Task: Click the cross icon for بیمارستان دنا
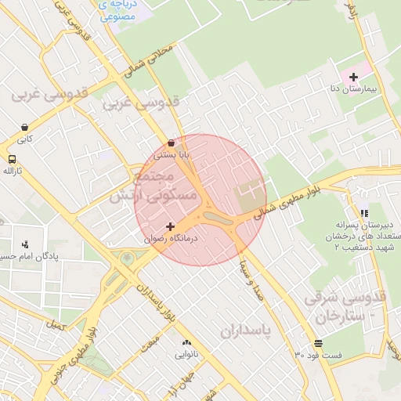pyautogui.click(x=354, y=77)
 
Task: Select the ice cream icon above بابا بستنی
pyautogui.click(x=172, y=143)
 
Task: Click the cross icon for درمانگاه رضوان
pyautogui.click(x=170, y=226)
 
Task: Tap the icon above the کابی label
pyautogui.click(x=25, y=128)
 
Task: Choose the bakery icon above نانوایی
pyautogui.click(x=186, y=342)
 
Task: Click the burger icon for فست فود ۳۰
pyautogui.click(x=318, y=343)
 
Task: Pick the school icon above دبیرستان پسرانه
pyautogui.click(x=363, y=212)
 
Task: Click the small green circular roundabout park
pyautogui.click(x=127, y=257)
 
